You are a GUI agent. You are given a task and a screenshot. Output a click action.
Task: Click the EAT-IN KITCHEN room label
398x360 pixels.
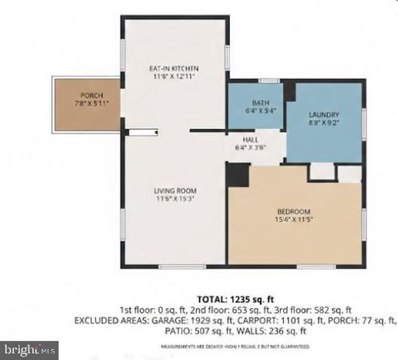pos(174,69)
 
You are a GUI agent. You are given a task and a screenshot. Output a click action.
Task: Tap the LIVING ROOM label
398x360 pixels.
pos(174,190)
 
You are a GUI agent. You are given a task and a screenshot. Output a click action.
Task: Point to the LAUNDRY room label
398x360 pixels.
pos(324,114)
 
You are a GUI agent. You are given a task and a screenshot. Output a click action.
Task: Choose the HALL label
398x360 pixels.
pos(251,139)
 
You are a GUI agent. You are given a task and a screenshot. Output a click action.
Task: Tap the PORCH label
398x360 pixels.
pos(90,94)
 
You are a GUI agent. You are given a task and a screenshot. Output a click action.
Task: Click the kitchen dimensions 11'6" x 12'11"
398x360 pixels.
pos(174,76)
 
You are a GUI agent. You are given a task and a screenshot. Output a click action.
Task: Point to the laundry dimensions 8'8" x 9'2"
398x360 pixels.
pos(324,122)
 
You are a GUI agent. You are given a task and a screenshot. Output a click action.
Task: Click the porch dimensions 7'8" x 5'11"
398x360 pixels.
pos(91,103)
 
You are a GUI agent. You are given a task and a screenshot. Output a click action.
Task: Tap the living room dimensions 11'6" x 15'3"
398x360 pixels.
pos(174,199)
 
